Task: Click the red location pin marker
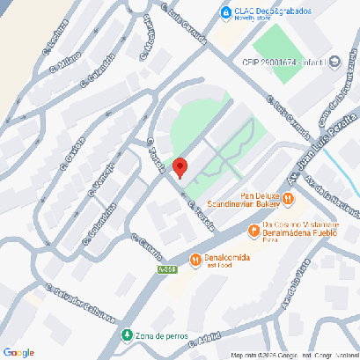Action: click(180, 167)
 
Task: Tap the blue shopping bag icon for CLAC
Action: click(226, 12)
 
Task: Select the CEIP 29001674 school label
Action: click(283, 62)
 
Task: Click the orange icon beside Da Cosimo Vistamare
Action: click(254, 231)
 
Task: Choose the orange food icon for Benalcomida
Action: click(195, 256)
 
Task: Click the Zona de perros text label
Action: click(164, 335)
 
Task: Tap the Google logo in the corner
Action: click(18, 351)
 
